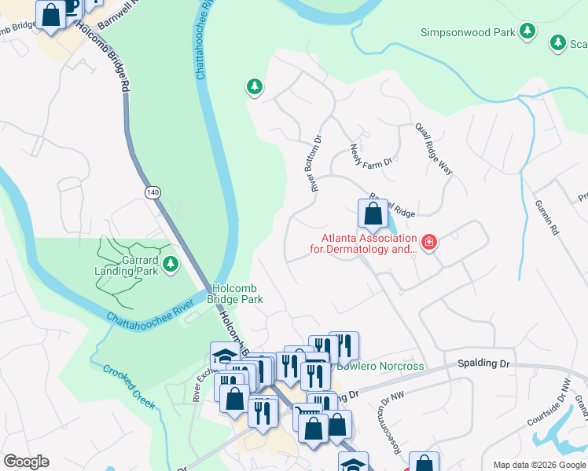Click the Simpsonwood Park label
pos(467,32)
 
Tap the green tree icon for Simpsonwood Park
pos(527,31)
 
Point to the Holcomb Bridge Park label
pos(234,294)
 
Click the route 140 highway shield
pos(151,192)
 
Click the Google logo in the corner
pos(26,462)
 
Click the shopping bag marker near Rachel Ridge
pos(371,214)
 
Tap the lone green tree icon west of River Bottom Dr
pos(254,86)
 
